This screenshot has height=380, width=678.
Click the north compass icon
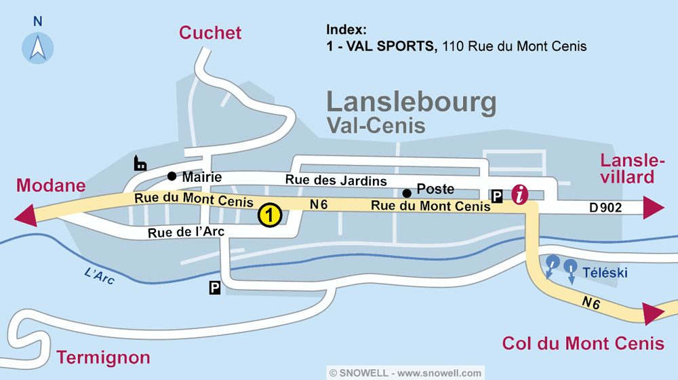point(37,47)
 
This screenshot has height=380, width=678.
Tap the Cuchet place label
point(210,33)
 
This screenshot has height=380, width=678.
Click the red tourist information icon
point(520,195)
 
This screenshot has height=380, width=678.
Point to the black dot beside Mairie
point(172,176)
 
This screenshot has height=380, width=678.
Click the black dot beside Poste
point(407,192)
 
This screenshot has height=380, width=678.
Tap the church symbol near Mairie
point(140,163)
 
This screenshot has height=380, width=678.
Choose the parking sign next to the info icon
point(497,196)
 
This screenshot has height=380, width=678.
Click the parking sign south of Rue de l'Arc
point(215,288)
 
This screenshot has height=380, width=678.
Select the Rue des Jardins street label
point(336,180)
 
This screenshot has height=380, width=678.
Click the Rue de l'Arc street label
point(186,232)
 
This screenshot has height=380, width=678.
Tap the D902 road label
point(605,208)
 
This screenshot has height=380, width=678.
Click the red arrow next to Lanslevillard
point(653,207)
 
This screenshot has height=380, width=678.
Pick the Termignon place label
point(103,357)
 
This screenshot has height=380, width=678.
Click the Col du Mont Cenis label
point(583,343)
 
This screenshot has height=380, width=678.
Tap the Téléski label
point(605,273)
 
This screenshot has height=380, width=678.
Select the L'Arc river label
point(99,276)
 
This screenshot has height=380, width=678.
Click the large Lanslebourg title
point(412,102)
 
